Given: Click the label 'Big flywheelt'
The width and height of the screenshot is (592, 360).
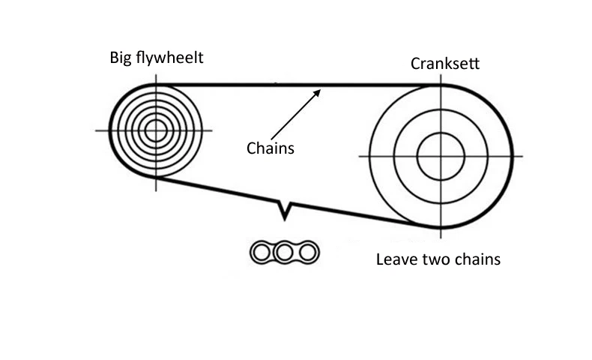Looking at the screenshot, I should click(157, 58).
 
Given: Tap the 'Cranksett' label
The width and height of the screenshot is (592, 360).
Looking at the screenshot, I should click(445, 64).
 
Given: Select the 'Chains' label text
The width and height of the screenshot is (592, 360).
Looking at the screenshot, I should click(271, 148).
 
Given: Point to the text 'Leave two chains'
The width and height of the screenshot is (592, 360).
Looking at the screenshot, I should click(438, 260).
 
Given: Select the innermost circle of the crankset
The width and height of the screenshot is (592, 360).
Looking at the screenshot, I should click(441, 156).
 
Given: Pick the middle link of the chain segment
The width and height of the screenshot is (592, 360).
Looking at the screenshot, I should click(283, 253).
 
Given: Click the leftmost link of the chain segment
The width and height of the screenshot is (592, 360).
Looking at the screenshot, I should click(261, 253).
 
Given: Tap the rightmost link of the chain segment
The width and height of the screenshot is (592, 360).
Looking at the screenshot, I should click(305, 253).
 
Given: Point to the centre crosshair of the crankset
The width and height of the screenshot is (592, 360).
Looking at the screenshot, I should click(441, 156).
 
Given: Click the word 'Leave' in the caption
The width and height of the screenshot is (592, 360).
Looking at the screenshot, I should click(395, 260).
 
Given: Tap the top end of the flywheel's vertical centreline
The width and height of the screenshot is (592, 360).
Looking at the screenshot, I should click(156, 74).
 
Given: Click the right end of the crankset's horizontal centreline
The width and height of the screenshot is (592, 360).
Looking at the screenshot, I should click(522, 156).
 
